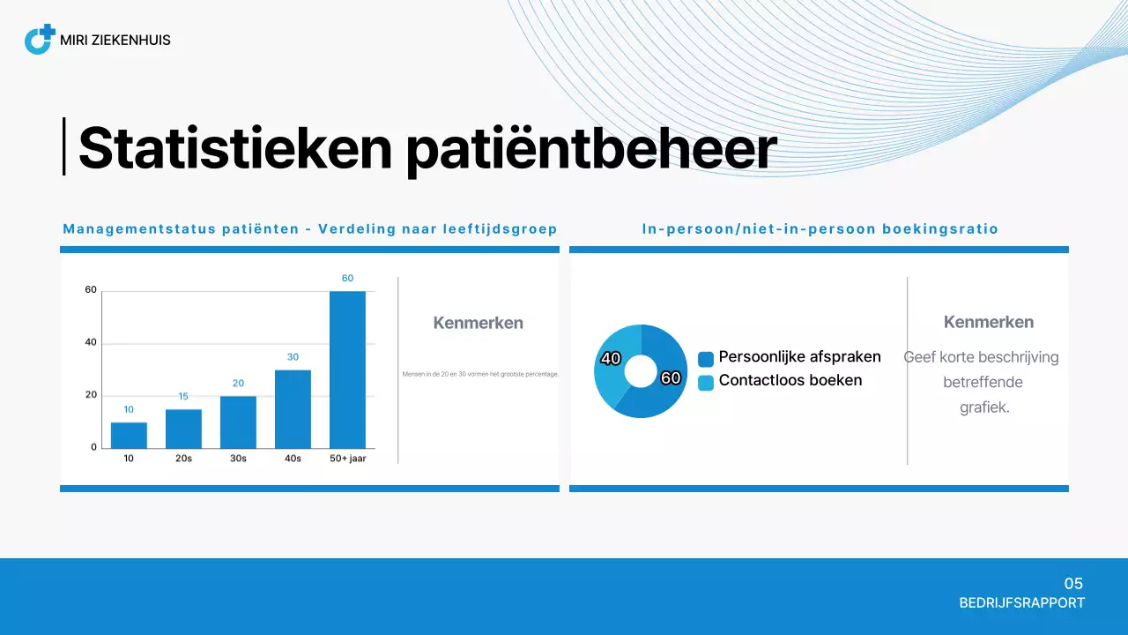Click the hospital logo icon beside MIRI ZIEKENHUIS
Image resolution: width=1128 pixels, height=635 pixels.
click(x=39, y=40)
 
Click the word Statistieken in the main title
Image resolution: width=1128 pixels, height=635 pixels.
click(x=234, y=148)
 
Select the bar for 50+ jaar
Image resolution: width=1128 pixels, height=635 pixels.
click(x=347, y=370)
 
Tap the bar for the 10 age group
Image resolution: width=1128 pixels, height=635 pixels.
click(x=129, y=435)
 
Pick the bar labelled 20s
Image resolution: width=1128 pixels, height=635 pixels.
click(x=183, y=429)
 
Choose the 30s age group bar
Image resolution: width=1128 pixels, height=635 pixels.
click(x=238, y=422)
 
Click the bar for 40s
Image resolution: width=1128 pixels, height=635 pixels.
click(x=293, y=408)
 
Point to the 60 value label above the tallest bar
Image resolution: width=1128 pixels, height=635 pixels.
click(x=347, y=279)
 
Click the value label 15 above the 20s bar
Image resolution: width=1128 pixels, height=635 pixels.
click(x=183, y=397)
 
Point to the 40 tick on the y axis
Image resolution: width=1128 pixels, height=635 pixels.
click(x=91, y=342)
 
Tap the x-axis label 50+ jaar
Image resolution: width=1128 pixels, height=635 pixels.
click(x=347, y=459)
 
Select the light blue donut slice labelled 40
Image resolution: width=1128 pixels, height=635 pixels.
click(x=613, y=362)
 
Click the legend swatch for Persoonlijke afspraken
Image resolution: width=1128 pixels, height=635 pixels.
click(x=706, y=359)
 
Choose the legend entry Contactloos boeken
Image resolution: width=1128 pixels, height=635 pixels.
click(x=790, y=381)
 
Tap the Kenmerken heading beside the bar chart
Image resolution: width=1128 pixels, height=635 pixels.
click(x=478, y=323)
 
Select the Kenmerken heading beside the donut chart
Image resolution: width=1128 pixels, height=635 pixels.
click(x=988, y=322)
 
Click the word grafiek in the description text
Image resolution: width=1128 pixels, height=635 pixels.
click(x=983, y=408)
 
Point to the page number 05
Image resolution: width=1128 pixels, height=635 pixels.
click(x=1072, y=584)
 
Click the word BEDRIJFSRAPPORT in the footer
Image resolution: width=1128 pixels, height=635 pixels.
click(x=1021, y=603)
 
